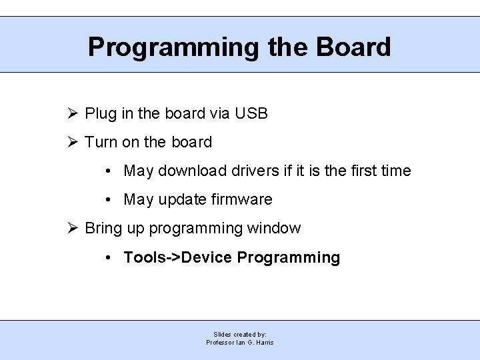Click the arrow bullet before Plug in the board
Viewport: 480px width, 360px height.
click(x=73, y=113)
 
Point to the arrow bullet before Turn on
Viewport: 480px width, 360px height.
click(x=73, y=142)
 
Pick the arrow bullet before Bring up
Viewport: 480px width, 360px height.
click(x=73, y=228)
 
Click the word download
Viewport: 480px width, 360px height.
click(x=191, y=171)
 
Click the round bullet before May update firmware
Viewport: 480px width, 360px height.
click(x=109, y=200)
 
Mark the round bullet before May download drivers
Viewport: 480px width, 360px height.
click(x=109, y=171)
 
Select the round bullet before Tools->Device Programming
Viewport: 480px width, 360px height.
click(x=109, y=257)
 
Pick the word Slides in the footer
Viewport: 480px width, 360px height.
click(x=222, y=334)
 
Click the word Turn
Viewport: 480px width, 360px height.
click(x=101, y=142)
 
